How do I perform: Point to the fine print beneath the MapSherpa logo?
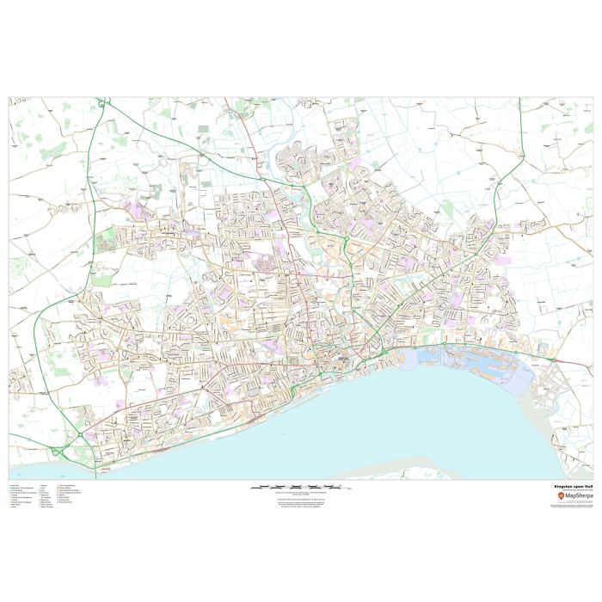coord(573,506)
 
